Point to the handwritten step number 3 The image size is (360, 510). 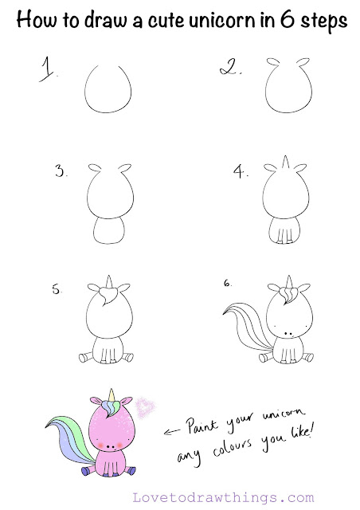[60, 171]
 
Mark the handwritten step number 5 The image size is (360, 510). [57, 291]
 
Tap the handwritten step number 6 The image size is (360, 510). [228, 282]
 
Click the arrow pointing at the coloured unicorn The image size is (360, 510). [173, 433]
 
